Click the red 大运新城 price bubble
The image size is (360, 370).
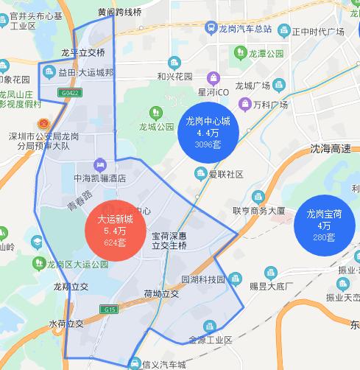[x=116, y=230]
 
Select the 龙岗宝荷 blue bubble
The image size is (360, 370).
[x=324, y=226]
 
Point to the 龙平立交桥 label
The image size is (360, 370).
[x=83, y=52]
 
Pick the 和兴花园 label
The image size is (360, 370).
[x=174, y=76]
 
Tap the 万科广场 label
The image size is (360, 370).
[x=269, y=105]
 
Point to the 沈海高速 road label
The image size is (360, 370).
[x=331, y=148]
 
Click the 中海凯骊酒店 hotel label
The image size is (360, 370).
[x=100, y=178]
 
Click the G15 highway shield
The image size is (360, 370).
[x=110, y=310]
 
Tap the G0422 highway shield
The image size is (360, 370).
[x=71, y=94]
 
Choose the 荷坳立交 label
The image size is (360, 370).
[x=161, y=293]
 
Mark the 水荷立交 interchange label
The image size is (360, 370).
[x=66, y=323]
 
